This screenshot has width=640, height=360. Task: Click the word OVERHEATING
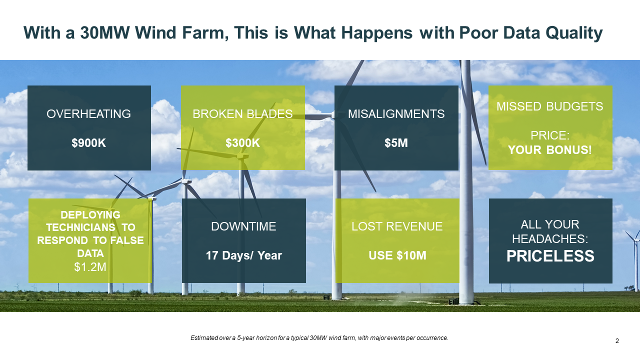[88, 114]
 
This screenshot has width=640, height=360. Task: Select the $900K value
[88, 143]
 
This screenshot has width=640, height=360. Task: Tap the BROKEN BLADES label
[242, 114]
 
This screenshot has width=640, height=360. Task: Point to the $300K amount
[242, 143]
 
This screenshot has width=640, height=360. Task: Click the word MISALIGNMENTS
[396, 114]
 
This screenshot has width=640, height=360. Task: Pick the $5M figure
[396, 143]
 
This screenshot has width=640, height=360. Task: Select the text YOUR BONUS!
[550, 150]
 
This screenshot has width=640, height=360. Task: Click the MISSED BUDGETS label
[550, 106]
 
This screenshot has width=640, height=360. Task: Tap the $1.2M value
[90, 267]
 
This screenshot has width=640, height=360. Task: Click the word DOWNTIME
[243, 226]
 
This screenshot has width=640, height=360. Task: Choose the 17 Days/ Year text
[243, 255]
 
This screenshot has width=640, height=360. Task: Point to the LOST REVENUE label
[397, 226]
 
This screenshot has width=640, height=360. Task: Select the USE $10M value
[397, 255]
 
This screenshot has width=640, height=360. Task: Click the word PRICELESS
[550, 255]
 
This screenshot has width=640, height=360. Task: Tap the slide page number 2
[617, 341]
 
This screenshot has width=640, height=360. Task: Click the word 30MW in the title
[104, 32]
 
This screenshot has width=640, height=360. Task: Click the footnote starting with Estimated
[319, 338]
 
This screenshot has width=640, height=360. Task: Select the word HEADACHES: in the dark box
[550, 239]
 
